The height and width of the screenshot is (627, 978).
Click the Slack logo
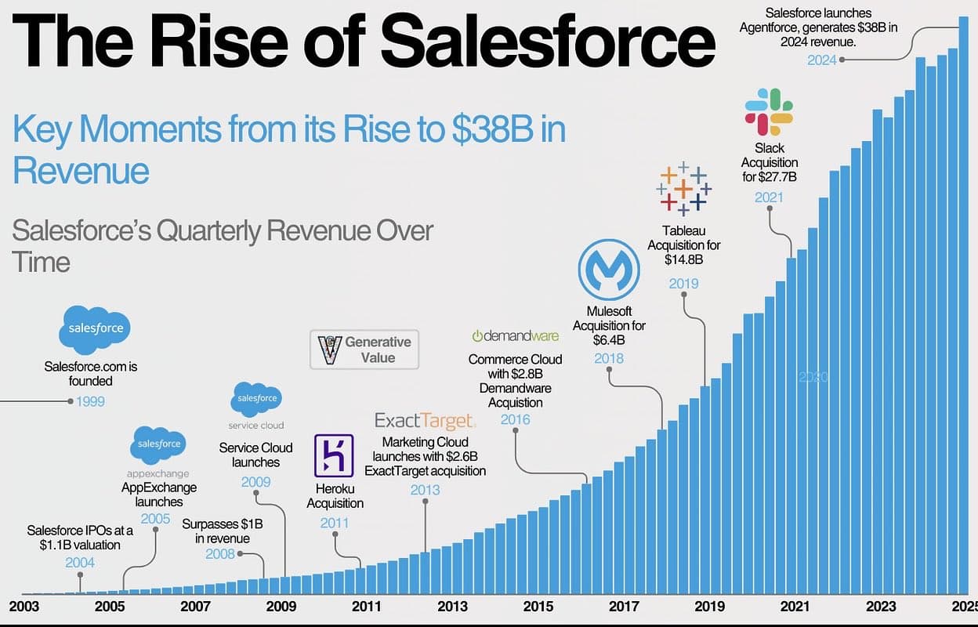coord(769,111)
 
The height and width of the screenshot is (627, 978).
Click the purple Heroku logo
coord(334,455)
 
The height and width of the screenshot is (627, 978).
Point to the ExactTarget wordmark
coord(424,421)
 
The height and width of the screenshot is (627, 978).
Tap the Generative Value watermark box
coord(364,350)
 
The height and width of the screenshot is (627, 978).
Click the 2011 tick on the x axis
coord(366,606)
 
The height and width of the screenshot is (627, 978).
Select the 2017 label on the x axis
coord(624,606)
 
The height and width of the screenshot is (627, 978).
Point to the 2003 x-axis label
coord(24,606)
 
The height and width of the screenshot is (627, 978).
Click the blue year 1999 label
coord(90,402)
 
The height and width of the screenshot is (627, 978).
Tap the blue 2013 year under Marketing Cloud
coord(425,490)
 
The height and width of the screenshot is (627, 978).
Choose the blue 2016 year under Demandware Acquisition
coord(515,419)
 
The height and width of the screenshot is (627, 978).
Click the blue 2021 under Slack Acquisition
coord(769,198)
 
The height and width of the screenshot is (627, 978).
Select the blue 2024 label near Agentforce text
coord(822,60)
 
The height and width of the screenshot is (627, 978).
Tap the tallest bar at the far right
coord(963,306)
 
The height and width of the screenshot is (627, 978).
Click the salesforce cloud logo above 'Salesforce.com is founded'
coord(96,328)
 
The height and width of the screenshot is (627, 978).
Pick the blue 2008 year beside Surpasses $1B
coord(220,554)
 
